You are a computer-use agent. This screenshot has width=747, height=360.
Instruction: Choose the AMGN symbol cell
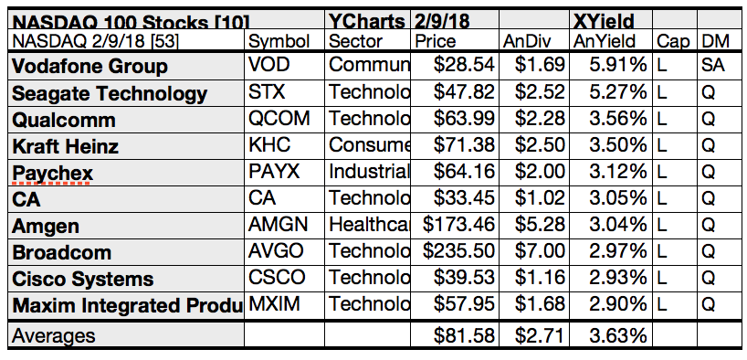tap(278, 226)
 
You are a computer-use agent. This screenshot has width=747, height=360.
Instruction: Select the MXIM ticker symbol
tap(275, 305)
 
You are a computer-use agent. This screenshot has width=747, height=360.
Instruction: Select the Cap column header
tap(673, 41)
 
